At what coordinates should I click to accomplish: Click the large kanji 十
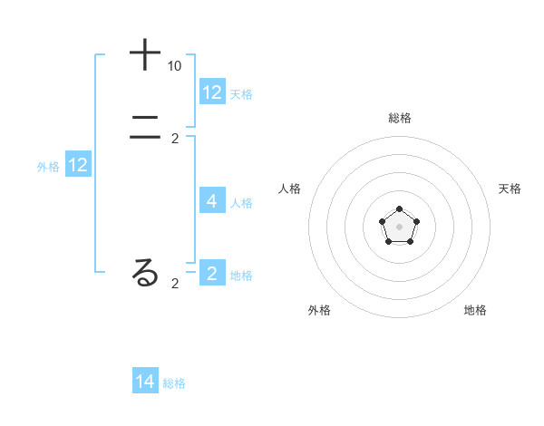(145, 55)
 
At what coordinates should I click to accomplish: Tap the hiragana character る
(145, 273)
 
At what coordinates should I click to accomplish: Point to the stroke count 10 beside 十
(174, 66)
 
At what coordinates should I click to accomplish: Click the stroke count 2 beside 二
(175, 139)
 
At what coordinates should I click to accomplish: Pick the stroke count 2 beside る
(175, 284)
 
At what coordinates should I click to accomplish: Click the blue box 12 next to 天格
(212, 92)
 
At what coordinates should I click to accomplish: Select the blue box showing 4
(212, 201)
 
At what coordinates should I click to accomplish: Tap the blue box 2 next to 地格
(212, 274)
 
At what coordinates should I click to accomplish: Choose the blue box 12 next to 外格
(78, 165)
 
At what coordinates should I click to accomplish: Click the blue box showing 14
(145, 382)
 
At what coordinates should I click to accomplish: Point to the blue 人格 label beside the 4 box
(242, 203)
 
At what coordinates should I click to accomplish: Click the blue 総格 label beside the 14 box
(174, 383)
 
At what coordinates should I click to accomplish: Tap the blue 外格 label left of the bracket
(48, 167)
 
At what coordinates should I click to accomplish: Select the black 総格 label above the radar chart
(399, 118)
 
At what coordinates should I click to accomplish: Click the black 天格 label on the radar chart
(510, 189)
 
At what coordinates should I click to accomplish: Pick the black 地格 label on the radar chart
(475, 310)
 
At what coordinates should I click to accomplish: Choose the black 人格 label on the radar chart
(289, 189)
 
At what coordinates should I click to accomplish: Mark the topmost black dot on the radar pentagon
(399, 209)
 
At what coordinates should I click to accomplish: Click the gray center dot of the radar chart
(399, 227)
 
